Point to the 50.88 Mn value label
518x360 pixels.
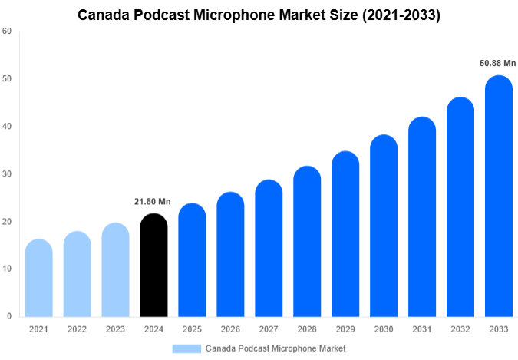(x=498, y=63)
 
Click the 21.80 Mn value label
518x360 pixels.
(x=153, y=202)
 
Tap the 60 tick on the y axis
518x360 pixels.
(x=7, y=31)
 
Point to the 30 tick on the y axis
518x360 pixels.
(x=7, y=174)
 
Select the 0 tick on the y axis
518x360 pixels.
(x=9, y=316)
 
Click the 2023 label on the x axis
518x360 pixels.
(x=115, y=329)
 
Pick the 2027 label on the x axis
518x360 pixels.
(x=269, y=329)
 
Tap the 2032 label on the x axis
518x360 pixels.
(x=460, y=329)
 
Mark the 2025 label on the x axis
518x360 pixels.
(x=192, y=329)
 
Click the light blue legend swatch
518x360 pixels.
(x=186, y=348)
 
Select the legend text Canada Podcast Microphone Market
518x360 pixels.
(x=275, y=348)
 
